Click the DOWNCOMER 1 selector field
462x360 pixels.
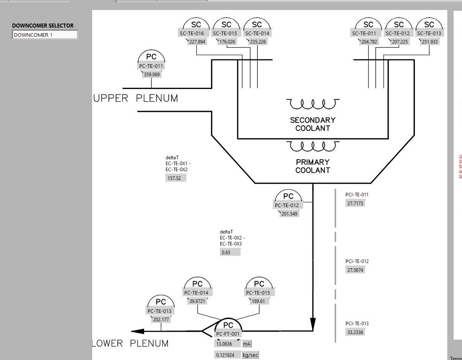coord(45,35)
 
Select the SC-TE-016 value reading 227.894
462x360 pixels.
coord(197,42)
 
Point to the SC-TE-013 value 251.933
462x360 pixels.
coord(429,42)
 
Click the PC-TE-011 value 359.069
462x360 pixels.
coord(152,74)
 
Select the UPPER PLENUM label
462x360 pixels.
coord(136,99)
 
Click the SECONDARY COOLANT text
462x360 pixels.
coord(312,124)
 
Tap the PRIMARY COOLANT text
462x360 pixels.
coord(312,166)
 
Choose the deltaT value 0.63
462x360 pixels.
coord(230,252)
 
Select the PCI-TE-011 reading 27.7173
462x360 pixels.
coord(355,203)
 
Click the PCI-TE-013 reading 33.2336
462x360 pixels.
coord(355,332)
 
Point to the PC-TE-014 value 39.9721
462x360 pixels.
coord(197,301)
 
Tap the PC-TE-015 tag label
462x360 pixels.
coord(259,293)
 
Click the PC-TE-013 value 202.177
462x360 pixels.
coord(161,319)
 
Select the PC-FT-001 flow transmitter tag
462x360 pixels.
coord(228,334)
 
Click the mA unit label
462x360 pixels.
coord(247,344)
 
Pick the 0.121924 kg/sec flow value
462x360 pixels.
coord(227,355)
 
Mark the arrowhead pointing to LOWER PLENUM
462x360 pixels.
coord(138,331)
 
